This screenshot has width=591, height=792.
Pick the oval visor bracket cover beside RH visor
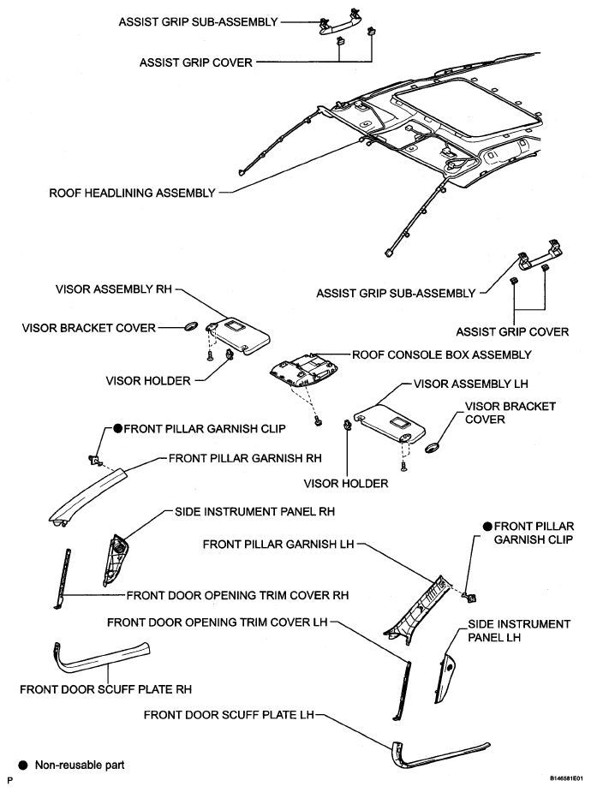coord(192,326)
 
